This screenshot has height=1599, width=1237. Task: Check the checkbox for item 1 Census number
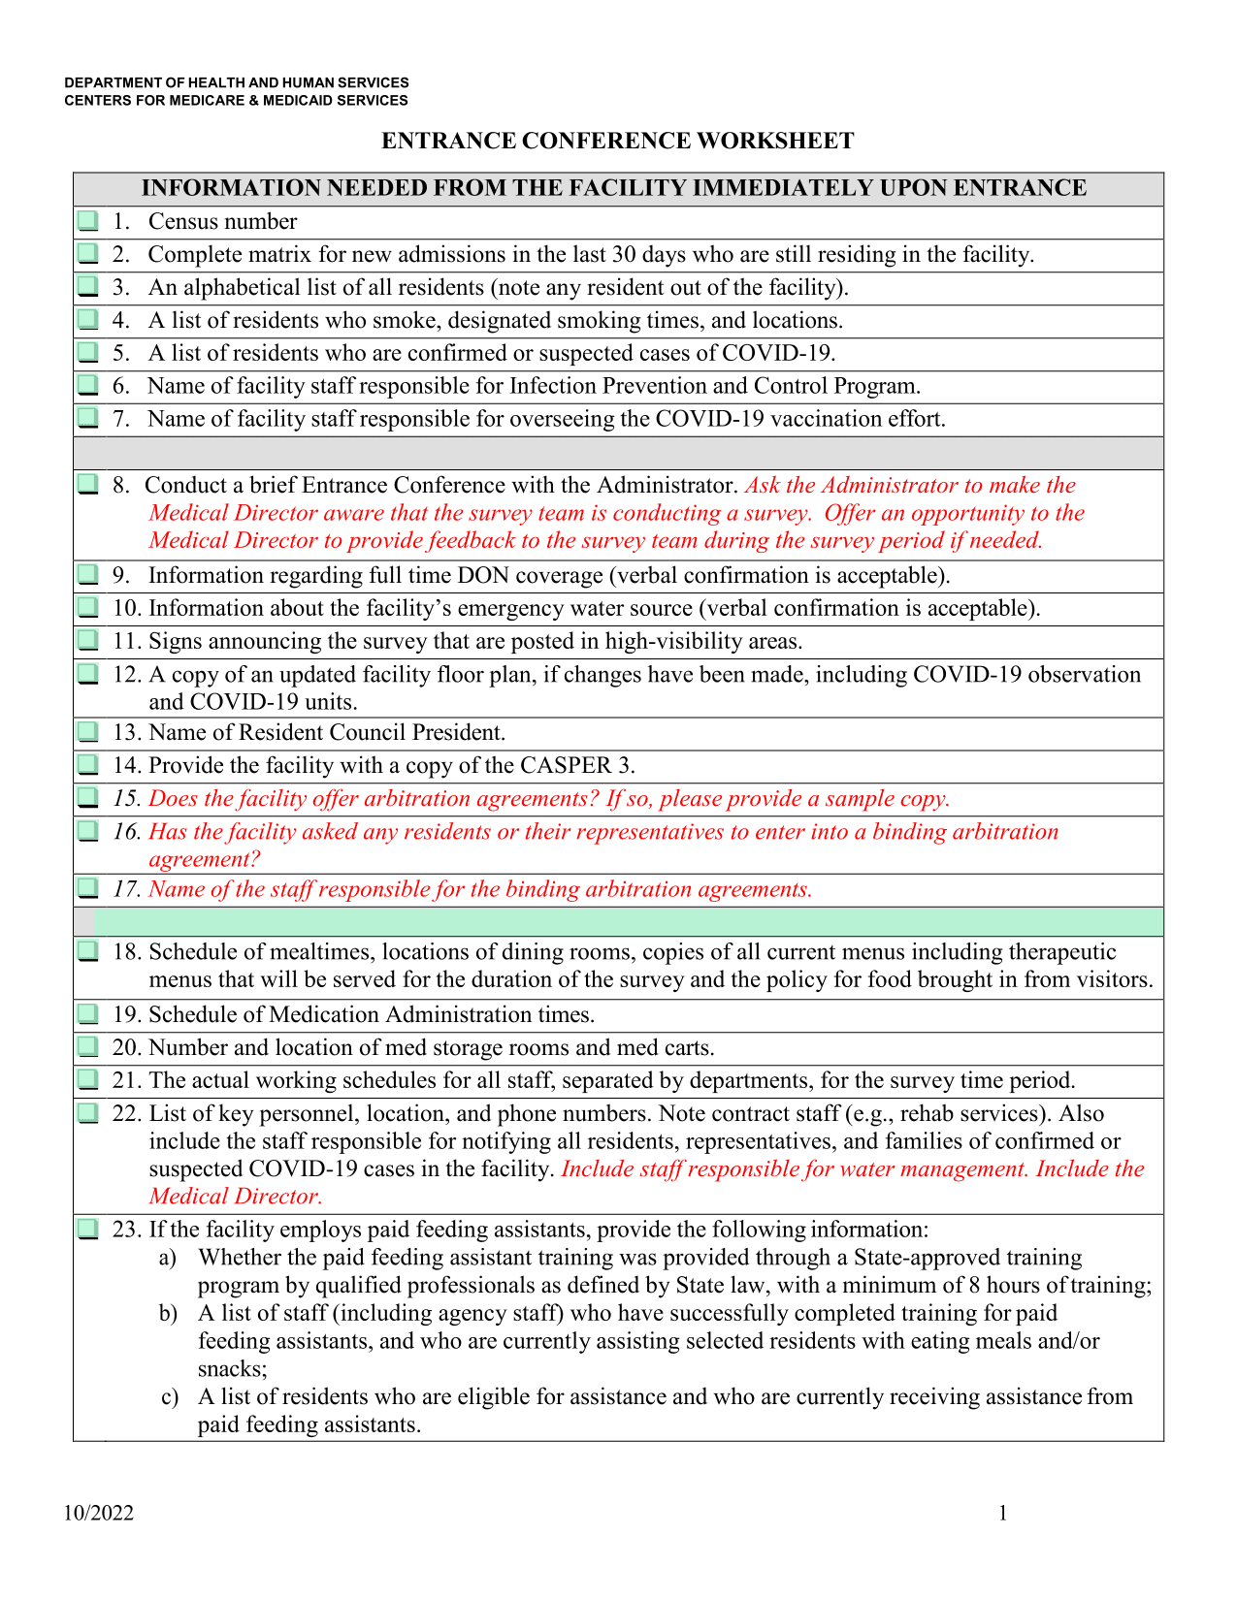coord(88,221)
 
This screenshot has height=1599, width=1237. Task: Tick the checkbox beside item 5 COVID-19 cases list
coord(88,353)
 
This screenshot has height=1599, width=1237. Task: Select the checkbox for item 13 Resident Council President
coord(88,732)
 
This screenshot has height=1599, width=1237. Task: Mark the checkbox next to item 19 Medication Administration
coord(88,1014)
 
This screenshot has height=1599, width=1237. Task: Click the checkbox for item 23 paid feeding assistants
coord(88,1230)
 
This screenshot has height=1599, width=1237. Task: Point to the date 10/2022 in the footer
coord(99,1514)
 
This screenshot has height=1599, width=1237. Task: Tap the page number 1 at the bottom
coord(1003,1514)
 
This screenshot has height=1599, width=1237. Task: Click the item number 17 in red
coord(126,890)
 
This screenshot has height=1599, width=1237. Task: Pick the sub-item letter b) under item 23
coord(169,1314)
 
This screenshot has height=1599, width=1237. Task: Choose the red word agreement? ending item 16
coord(204,859)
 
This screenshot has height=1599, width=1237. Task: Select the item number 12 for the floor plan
coord(126,675)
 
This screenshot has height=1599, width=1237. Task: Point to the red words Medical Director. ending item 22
coord(236,1197)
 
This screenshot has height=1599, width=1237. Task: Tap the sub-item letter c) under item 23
coord(169,1397)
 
